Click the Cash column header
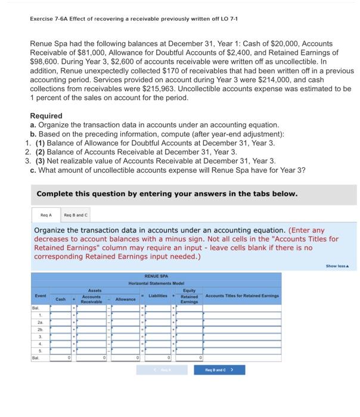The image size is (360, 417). click(x=60, y=298)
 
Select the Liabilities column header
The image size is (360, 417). click(x=159, y=296)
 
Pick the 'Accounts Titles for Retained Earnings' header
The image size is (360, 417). click(x=242, y=296)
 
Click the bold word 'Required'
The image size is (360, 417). click(x=46, y=116)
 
